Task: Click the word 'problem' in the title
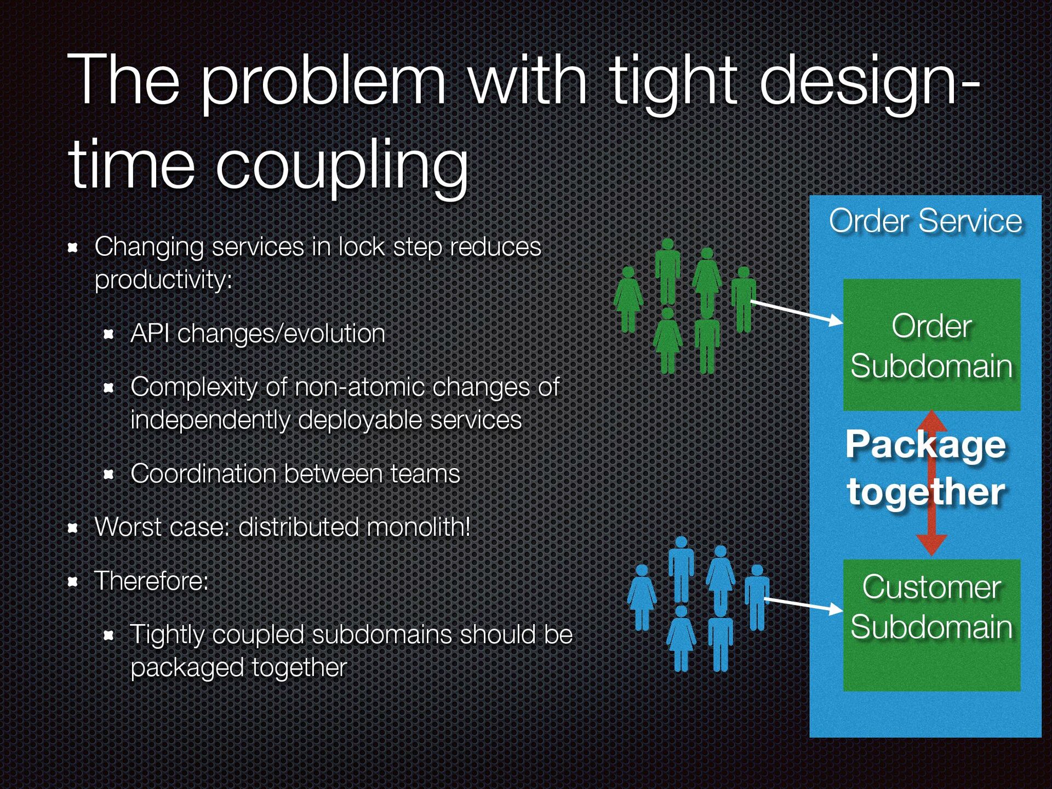pyautogui.click(x=323, y=82)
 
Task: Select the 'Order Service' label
pyautogui.click(x=925, y=221)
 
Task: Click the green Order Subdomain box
pyautogui.click(x=931, y=345)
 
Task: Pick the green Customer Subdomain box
pyautogui.click(x=931, y=625)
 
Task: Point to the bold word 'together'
pyautogui.click(x=925, y=491)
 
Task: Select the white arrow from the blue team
pyautogui.click(x=803, y=604)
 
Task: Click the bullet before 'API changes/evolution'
pyautogui.click(x=108, y=334)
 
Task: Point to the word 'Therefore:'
pyautogui.click(x=151, y=581)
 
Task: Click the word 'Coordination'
pyautogui.click(x=203, y=474)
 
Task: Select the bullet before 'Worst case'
pyautogui.click(x=72, y=528)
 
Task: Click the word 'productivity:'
pyautogui.click(x=163, y=280)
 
